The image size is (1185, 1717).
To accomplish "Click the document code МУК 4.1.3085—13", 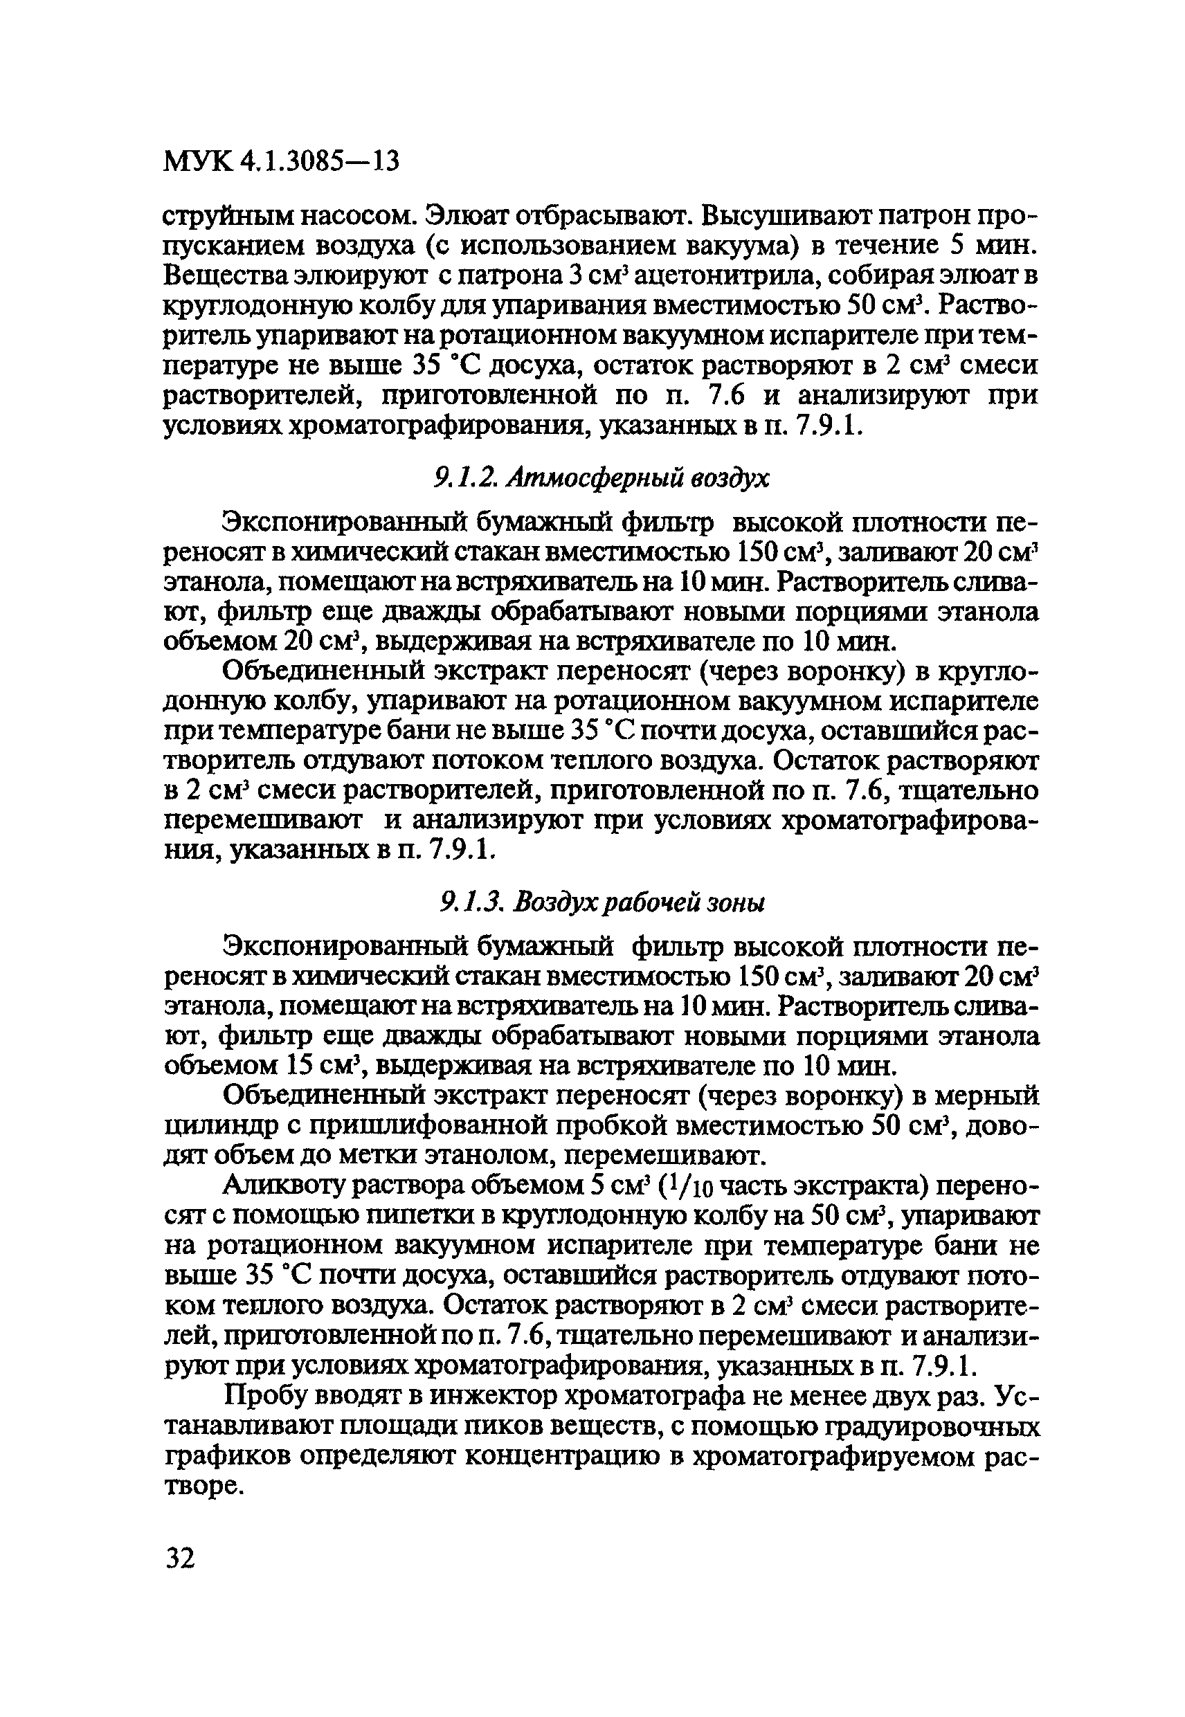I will [280, 161].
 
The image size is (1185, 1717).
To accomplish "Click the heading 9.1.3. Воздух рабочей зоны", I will [602, 903].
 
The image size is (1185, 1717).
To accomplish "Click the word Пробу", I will [264, 1398].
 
